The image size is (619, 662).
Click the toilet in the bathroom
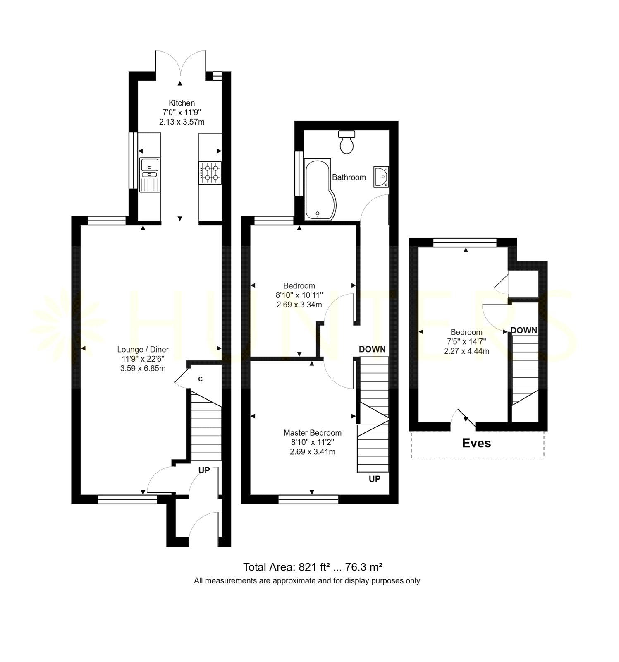(347, 142)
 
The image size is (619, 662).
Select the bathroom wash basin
(381, 177)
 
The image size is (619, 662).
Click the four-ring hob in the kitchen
(210, 173)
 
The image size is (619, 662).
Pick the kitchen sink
(150, 175)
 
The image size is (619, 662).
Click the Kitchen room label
(182, 103)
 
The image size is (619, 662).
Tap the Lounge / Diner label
(143, 350)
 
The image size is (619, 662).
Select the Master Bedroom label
(313, 433)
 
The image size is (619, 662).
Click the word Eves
(476, 443)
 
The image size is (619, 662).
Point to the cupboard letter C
(200, 379)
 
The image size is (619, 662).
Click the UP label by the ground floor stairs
(204, 470)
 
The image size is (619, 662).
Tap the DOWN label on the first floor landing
(372, 349)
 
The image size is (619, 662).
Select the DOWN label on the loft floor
(524, 330)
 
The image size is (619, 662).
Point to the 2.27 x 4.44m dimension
(466, 351)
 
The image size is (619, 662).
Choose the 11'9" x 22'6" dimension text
(143, 359)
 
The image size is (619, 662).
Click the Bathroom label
(349, 177)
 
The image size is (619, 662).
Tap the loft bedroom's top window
(465, 243)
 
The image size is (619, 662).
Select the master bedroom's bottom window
(308, 499)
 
